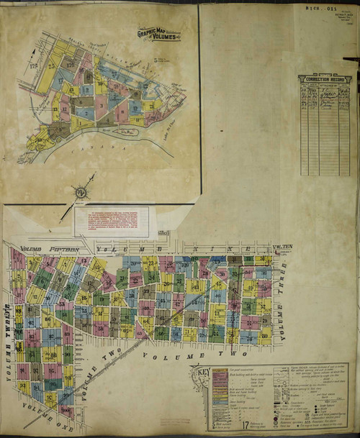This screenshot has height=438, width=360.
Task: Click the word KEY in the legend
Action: click(199, 374)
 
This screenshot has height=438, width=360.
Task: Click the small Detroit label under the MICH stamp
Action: click(338, 17)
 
